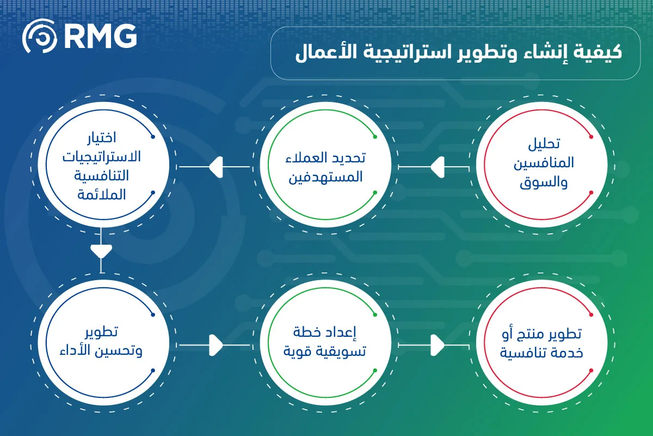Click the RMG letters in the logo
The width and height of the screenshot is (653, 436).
click(x=101, y=36)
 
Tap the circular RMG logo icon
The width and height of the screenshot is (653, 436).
click(x=39, y=36)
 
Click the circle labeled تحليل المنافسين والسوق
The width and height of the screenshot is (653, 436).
click(x=541, y=165)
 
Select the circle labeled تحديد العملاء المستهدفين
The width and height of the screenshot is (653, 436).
click(x=325, y=165)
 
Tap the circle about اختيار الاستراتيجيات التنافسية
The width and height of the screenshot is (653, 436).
click(x=103, y=165)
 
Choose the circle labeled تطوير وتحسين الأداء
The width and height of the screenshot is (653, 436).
click(x=103, y=343)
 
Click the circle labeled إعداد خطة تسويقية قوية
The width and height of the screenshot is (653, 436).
click(x=325, y=343)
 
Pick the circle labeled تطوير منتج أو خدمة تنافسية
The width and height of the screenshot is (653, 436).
click(x=541, y=343)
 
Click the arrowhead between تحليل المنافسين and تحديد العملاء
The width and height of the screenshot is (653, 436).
click(x=438, y=167)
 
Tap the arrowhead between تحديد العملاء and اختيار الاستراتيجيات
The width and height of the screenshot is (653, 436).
click(x=217, y=167)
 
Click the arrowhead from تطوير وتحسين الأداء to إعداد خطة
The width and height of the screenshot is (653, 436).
click(x=217, y=345)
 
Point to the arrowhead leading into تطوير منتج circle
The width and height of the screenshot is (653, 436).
click(x=438, y=345)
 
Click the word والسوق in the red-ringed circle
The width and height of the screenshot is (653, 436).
click(x=544, y=183)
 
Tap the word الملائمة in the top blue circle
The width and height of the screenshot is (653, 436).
click(x=101, y=195)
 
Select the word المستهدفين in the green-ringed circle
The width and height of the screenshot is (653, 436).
click(x=325, y=177)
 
